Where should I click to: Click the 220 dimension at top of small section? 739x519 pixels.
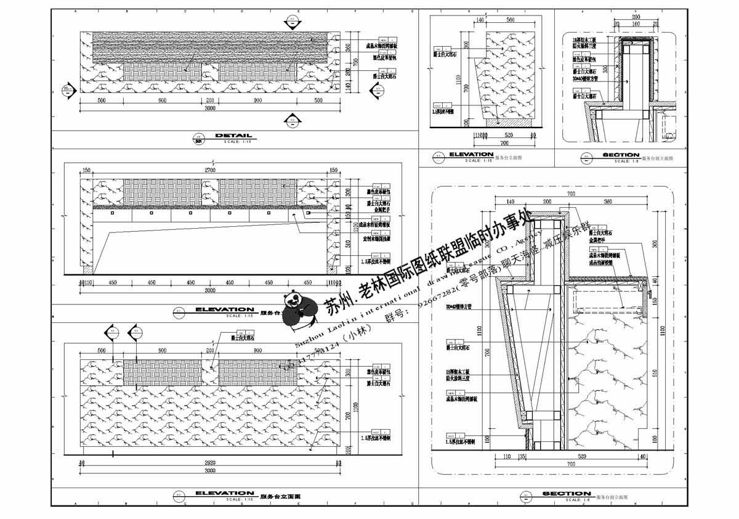pos(636,17)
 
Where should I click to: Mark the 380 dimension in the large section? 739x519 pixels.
pos(607,202)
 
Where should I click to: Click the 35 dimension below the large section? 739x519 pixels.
pos(522,457)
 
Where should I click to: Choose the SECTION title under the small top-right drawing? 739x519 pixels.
pos(621,155)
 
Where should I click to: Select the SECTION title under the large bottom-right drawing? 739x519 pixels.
pos(567,494)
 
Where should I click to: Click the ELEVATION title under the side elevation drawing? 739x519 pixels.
pos(471,154)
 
